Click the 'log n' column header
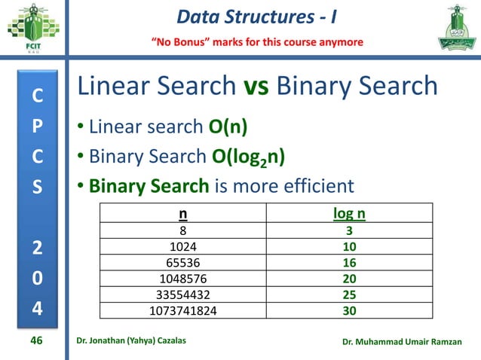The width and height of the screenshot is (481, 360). click(x=349, y=215)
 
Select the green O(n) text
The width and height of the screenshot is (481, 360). click(x=228, y=126)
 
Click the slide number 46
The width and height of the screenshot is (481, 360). click(x=35, y=341)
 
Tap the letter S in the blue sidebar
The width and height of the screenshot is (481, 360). click(x=37, y=185)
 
